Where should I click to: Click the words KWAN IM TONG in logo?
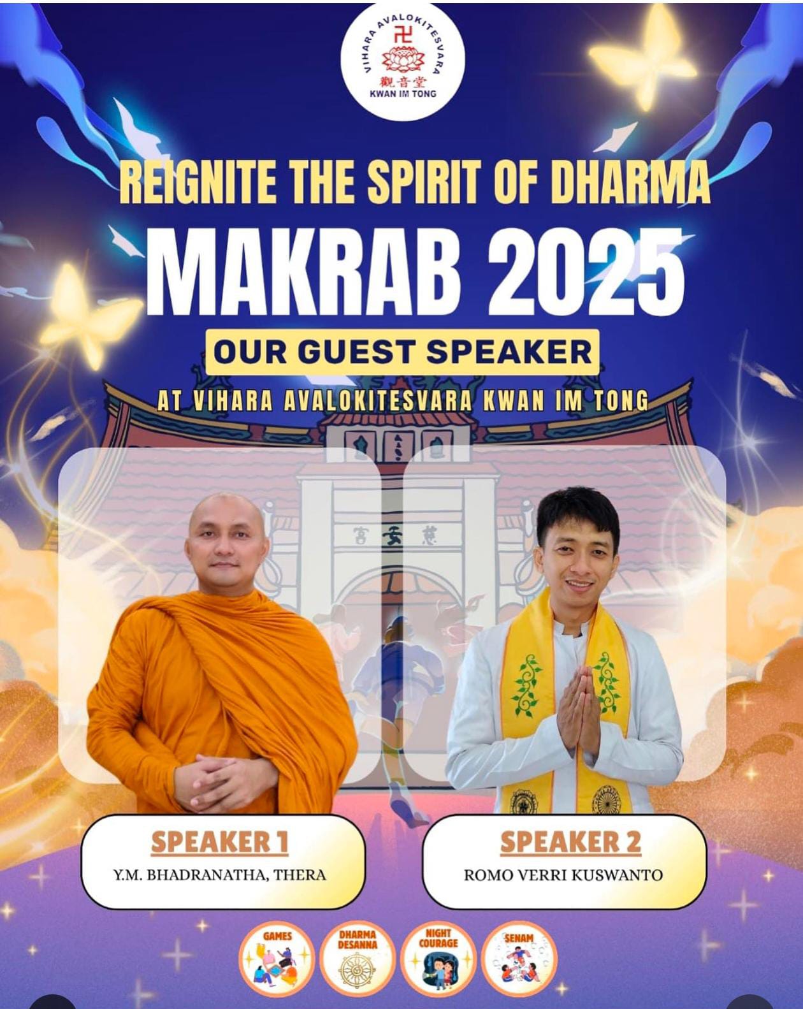403,94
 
